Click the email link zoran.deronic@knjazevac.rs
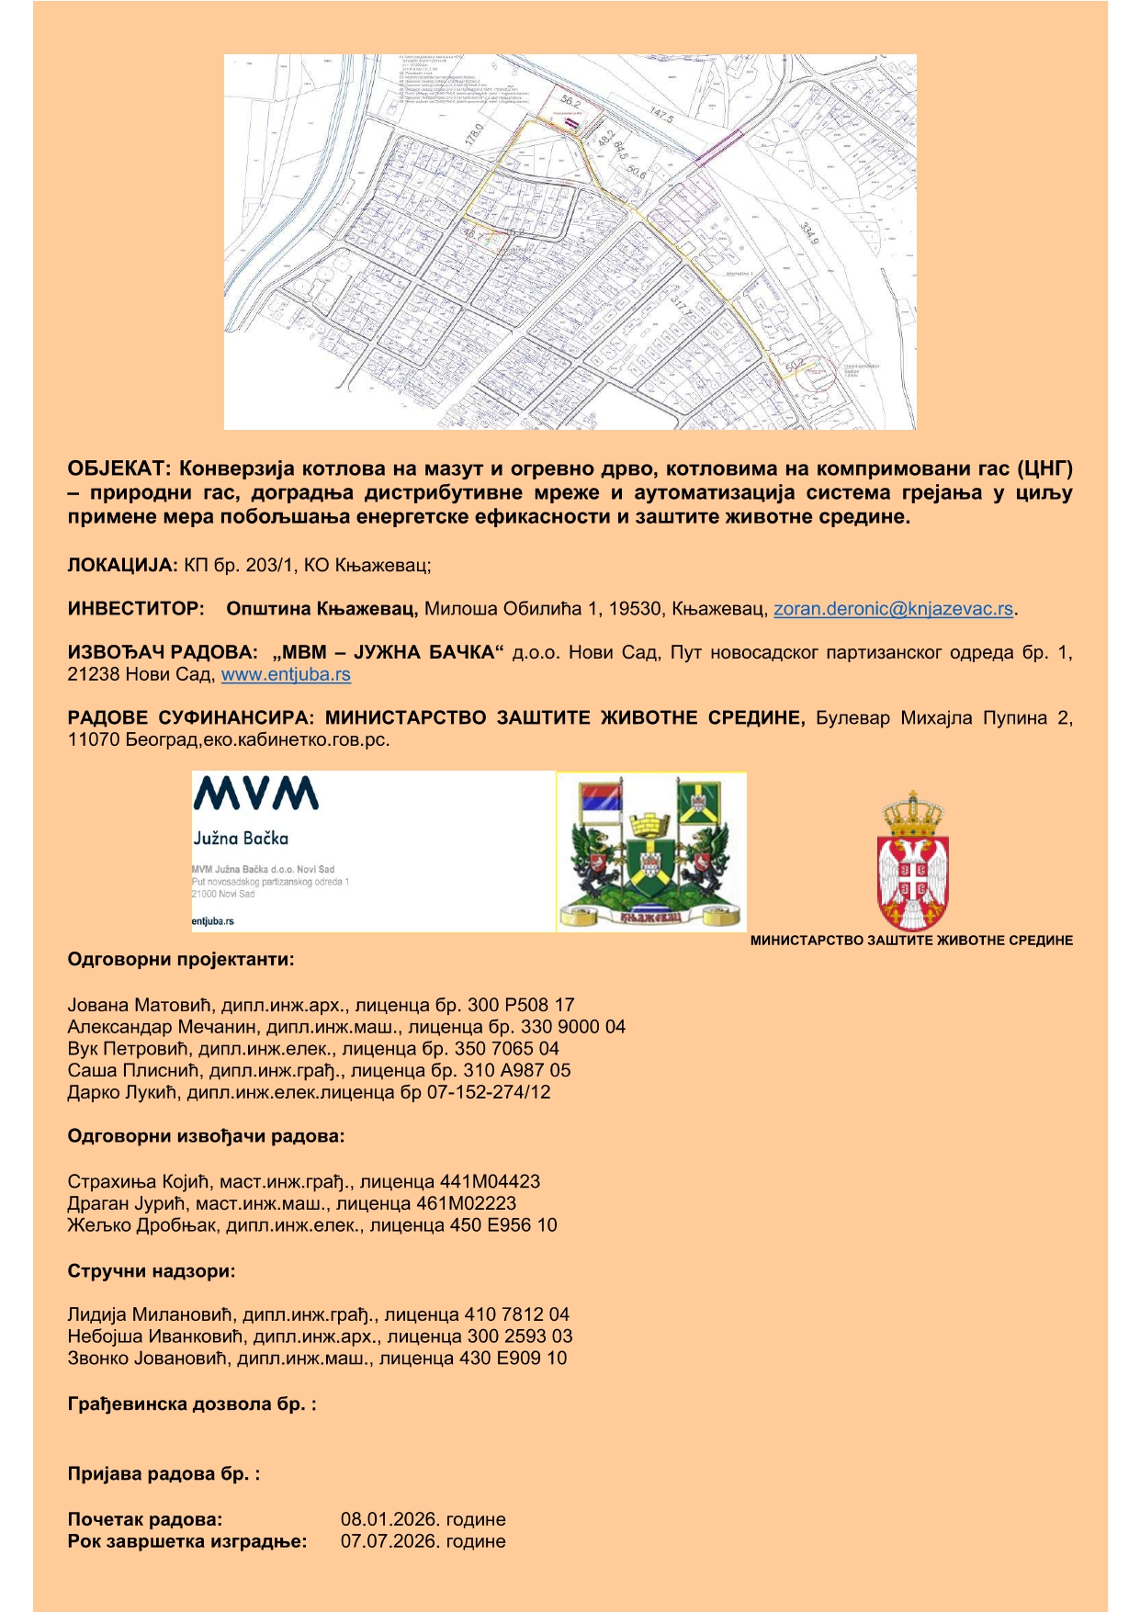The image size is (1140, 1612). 893,608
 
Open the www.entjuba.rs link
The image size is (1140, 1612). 286,674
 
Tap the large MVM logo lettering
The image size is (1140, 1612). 255,794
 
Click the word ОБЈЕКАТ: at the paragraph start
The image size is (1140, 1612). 117,468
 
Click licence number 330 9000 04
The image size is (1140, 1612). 573,1027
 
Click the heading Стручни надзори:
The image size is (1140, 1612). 151,1271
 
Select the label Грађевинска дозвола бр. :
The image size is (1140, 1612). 191,1404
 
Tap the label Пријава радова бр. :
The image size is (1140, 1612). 163,1474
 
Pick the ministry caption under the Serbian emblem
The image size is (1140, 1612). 911,941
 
